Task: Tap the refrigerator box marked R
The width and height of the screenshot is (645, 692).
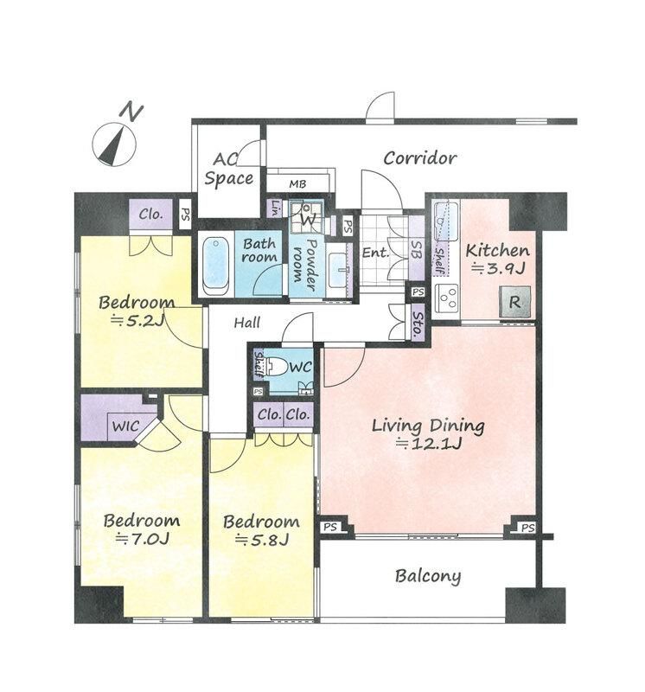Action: pyautogui.click(x=514, y=302)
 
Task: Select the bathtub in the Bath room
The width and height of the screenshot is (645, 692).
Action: pyautogui.click(x=216, y=266)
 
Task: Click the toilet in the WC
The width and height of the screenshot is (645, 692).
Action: pyautogui.click(x=277, y=366)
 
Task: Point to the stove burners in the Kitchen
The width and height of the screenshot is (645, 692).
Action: pyautogui.click(x=447, y=297)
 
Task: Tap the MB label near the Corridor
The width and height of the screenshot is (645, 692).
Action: pyautogui.click(x=297, y=183)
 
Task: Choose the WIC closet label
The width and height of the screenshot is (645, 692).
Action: pyautogui.click(x=125, y=426)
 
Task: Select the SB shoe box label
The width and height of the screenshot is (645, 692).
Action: pyautogui.click(x=416, y=249)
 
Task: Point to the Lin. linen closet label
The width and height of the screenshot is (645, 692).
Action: pyautogui.click(x=275, y=207)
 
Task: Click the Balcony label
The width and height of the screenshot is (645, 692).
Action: pyautogui.click(x=428, y=576)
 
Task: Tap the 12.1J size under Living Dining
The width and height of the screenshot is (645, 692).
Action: pyautogui.click(x=429, y=443)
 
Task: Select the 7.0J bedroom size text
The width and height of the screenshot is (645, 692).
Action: pyautogui.click(x=143, y=538)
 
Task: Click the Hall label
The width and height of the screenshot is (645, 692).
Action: pyautogui.click(x=246, y=323)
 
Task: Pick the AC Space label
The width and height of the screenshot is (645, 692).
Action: pyautogui.click(x=228, y=169)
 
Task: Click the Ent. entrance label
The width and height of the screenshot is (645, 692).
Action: pyautogui.click(x=376, y=253)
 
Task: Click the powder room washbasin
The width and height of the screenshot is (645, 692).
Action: pyautogui.click(x=338, y=269)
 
